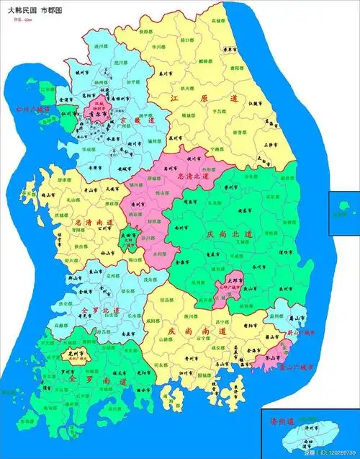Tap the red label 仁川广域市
pyautogui.click(x=29, y=110)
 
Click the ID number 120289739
pyautogui.click(x=338, y=452)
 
